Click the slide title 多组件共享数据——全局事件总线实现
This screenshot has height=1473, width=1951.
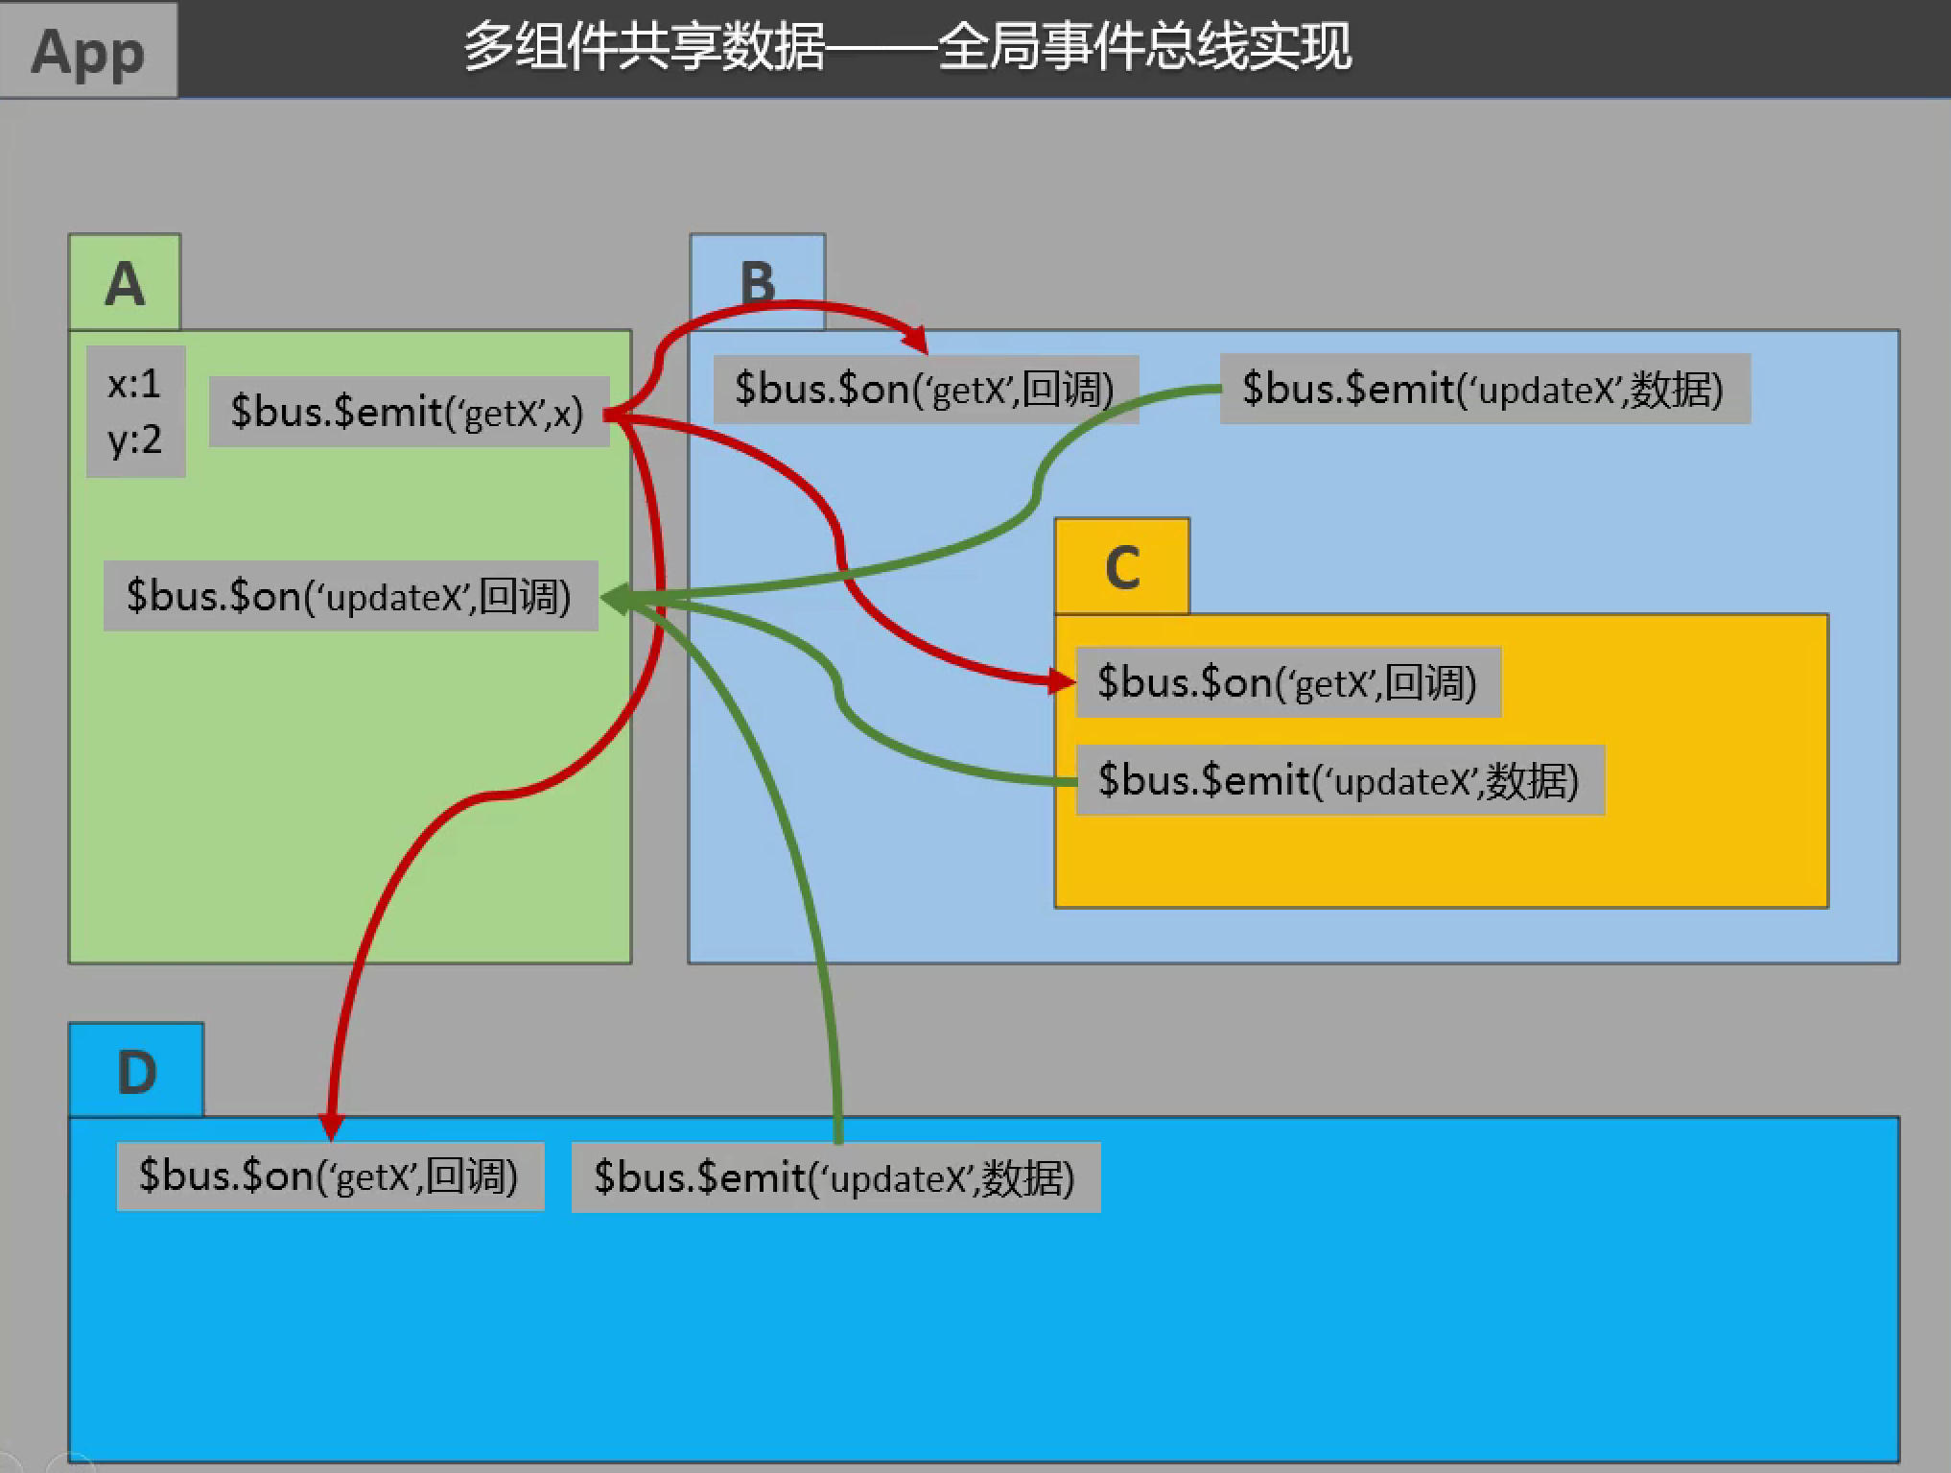tap(907, 46)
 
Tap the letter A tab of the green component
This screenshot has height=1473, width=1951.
tap(125, 283)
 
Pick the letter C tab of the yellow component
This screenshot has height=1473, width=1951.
tap(1121, 567)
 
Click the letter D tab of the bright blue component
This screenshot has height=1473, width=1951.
tap(136, 1071)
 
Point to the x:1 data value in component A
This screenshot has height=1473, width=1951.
tap(134, 384)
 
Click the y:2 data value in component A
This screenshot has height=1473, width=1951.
tap(134, 440)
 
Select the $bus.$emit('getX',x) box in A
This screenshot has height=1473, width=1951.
tap(408, 412)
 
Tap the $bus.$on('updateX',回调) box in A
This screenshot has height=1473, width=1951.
tap(350, 596)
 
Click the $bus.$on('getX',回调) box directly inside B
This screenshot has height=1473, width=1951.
tap(925, 389)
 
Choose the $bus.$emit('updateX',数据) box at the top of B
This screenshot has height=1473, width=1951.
tap(1484, 389)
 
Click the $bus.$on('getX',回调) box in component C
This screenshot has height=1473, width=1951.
tap(1287, 682)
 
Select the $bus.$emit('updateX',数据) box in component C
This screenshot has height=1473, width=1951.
tap(1339, 780)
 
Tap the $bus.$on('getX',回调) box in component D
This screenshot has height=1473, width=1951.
tap(329, 1176)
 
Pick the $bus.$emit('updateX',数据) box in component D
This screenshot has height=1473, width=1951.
tap(834, 1177)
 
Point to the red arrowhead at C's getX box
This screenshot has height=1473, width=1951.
tap(1062, 681)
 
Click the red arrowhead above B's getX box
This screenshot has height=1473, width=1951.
tap(916, 340)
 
